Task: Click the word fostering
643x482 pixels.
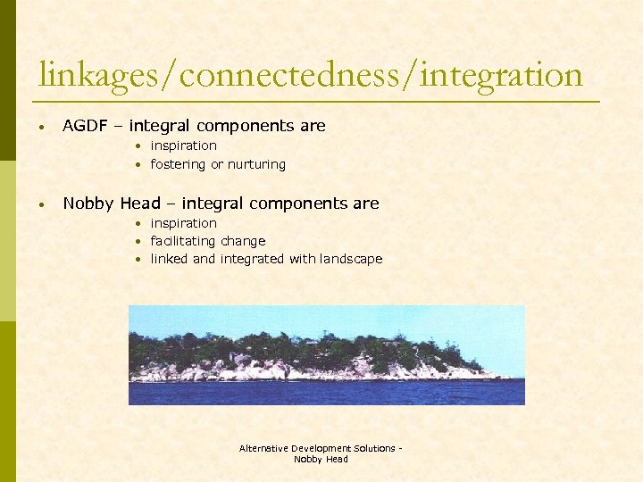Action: click(179, 164)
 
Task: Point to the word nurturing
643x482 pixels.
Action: click(257, 164)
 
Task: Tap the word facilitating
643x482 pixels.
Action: click(184, 241)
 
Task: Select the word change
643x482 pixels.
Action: click(243, 241)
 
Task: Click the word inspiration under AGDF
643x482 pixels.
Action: click(183, 145)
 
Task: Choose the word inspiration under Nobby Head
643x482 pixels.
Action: click(183, 223)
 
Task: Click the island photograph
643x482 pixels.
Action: click(326, 355)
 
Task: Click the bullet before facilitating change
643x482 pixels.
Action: click(140, 241)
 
